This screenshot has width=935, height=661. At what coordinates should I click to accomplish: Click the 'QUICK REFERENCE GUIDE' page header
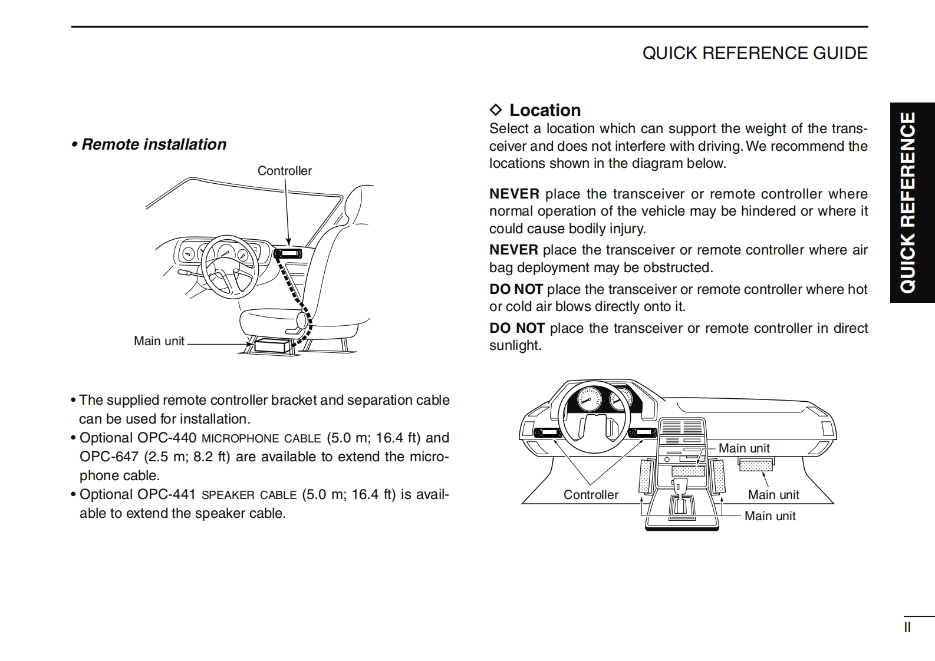[x=755, y=53]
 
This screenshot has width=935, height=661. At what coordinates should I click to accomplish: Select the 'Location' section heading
[x=545, y=110]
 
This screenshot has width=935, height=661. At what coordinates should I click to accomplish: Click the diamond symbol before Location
[x=496, y=110]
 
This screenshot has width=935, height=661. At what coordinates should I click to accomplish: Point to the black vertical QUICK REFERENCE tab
[x=912, y=203]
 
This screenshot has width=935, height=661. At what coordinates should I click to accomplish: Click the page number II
[x=907, y=627]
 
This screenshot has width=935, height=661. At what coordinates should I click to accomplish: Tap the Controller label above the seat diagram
[x=284, y=171]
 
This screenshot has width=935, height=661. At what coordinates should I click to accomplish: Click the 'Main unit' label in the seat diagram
[x=159, y=341]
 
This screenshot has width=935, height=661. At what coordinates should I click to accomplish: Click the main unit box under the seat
[x=272, y=345]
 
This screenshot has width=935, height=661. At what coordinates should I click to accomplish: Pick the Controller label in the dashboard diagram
[x=591, y=495]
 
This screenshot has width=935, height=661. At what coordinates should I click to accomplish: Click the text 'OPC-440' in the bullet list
[x=167, y=438]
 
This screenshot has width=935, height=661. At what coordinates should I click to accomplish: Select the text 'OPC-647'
[x=108, y=457]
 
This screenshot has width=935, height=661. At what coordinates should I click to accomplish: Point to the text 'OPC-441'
[x=167, y=494]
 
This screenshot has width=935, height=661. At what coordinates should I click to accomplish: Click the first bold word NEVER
[x=514, y=194]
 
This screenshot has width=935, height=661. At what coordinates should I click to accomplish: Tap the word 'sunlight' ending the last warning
[x=515, y=345]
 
